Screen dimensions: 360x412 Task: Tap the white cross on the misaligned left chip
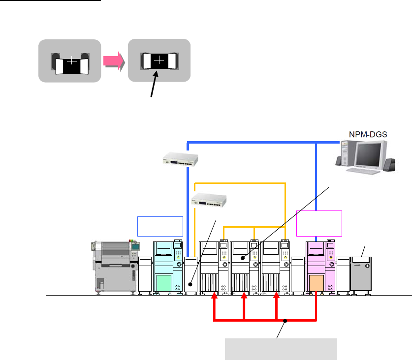72,61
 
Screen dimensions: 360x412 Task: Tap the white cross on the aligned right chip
159,61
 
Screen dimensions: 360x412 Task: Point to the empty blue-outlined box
160,225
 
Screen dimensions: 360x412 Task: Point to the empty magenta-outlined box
319,223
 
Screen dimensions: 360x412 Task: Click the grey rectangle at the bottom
281,349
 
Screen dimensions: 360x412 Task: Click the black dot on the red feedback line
285,321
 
